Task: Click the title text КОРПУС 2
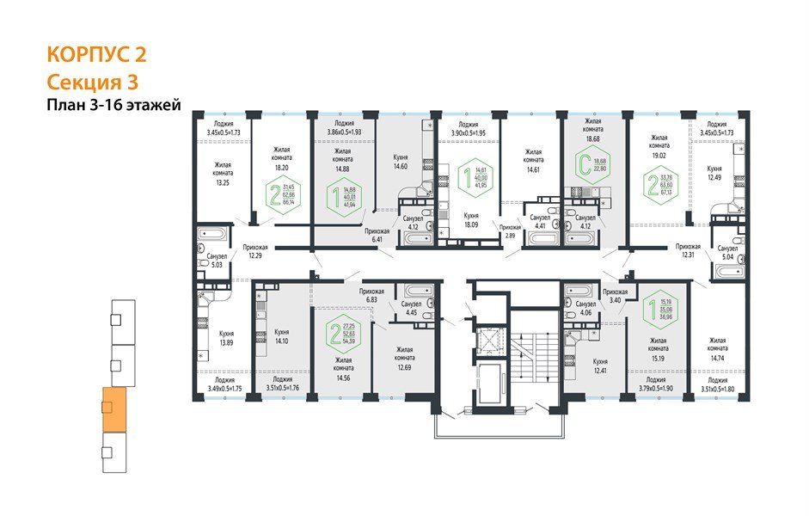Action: pos(95,55)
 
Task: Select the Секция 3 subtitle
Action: pos(91,82)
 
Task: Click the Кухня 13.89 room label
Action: pos(227,337)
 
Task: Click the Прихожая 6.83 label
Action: pos(372,297)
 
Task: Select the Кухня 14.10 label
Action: pos(282,336)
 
